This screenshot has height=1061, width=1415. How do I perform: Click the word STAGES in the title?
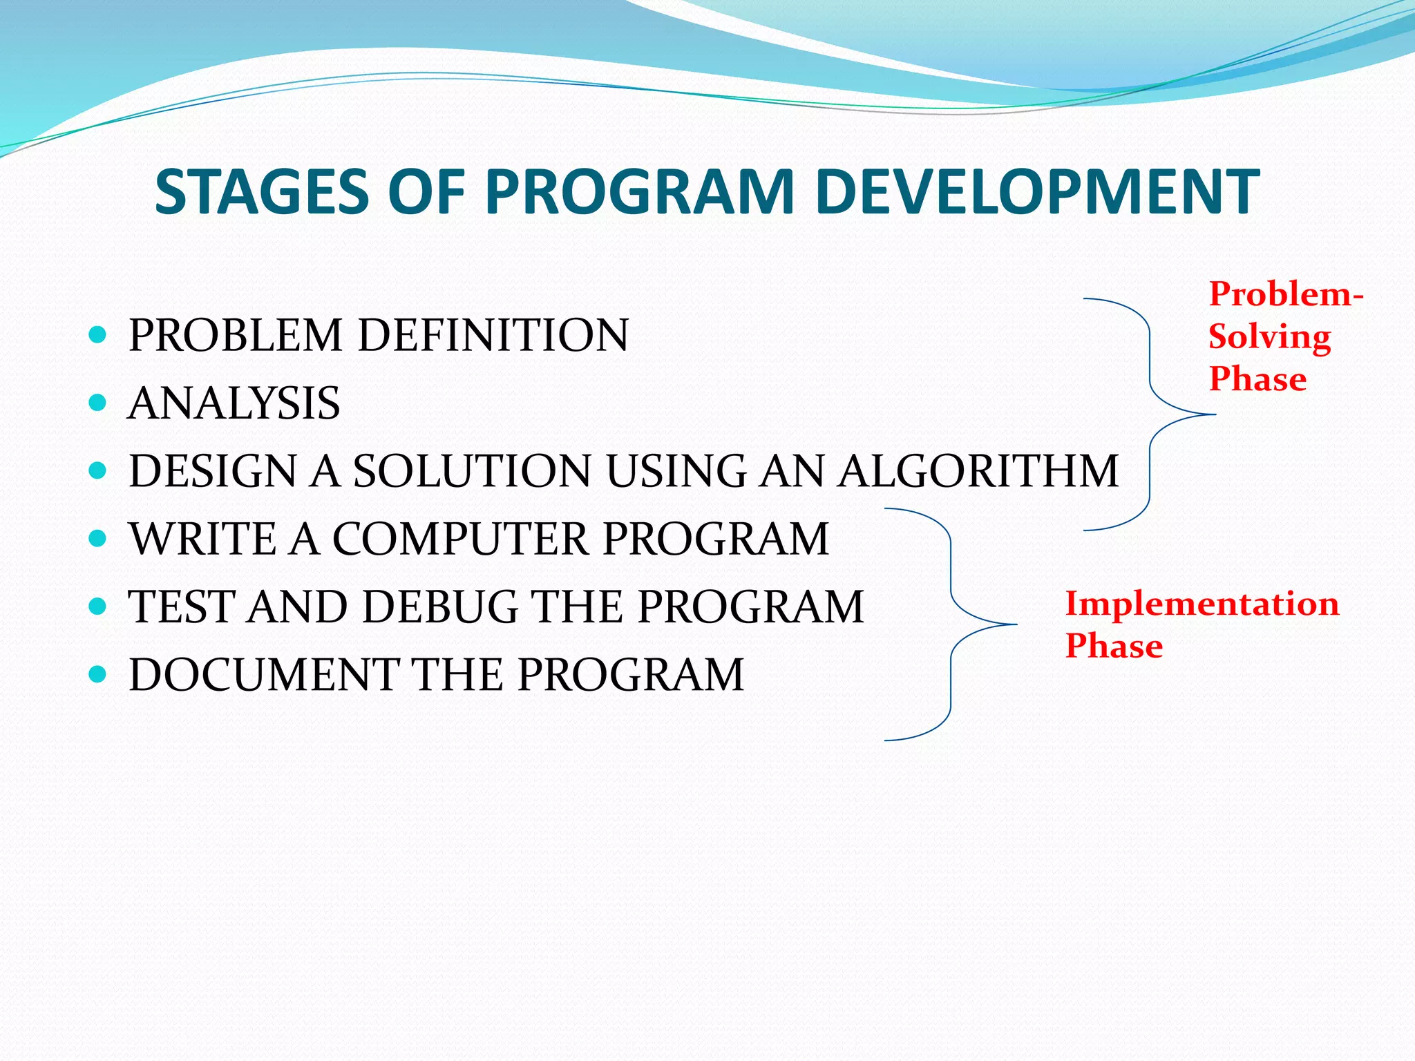tap(262, 192)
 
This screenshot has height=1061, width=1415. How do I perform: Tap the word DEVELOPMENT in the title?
tap(1036, 192)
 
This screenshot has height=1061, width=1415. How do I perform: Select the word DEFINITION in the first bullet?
tap(493, 336)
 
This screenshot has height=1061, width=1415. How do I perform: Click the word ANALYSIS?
tap(234, 403)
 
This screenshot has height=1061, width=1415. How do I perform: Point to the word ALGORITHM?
tap(978, 471)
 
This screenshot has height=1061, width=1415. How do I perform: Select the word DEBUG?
tap(440, 607)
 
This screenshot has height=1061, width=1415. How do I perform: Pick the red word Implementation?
tap(1202, 604)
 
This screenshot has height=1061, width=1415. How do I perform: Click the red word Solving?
tap(1269, 337)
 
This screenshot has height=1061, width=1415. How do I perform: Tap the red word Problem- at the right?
tap(1285, 294)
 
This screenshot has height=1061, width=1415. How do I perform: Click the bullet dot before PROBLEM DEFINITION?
tap(98, 336)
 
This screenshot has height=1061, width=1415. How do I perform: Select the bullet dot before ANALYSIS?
tap(98, 403)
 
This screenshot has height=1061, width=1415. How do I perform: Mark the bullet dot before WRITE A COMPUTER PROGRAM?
tap(98, 538)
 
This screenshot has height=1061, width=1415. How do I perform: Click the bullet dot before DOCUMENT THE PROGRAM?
tap(98, 673)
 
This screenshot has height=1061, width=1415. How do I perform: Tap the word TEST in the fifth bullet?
tap(182, 607)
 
